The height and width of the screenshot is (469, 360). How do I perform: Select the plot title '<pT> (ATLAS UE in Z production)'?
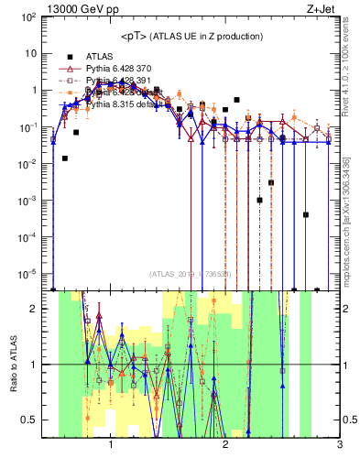pyautogui.click(x=191, y=36)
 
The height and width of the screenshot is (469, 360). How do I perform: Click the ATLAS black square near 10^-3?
pyautogui.click(x=259, y=200)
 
